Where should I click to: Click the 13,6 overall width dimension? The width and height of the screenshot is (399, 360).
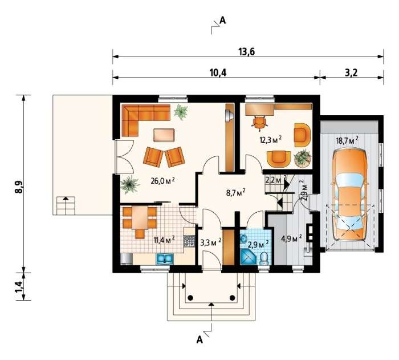247,52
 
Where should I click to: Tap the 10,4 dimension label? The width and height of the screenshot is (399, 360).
218,72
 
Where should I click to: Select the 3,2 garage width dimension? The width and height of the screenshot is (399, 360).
352,72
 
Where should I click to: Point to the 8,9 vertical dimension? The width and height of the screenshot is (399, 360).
19,187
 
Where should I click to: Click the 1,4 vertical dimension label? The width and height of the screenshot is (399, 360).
19,287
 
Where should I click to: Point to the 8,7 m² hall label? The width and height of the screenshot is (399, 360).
235,192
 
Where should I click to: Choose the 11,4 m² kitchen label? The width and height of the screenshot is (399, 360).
164,240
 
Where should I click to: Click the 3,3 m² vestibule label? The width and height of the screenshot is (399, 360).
211,242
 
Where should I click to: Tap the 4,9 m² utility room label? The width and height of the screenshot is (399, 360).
291,238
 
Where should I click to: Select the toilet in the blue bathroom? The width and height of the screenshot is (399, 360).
264,258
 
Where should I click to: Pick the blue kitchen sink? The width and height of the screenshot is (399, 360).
165,258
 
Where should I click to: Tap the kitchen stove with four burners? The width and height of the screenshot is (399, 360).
189,241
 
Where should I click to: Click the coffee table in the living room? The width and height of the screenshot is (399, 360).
164,135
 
